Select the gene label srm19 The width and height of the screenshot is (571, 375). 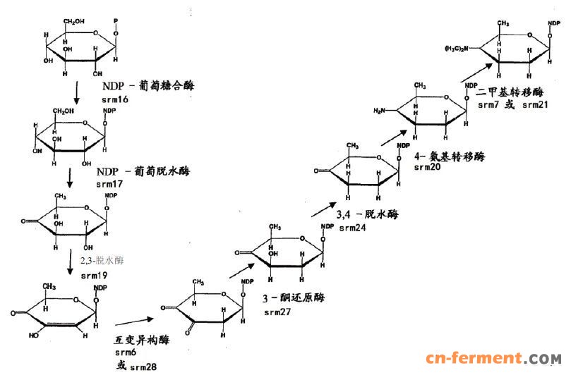click(x=94, y=274)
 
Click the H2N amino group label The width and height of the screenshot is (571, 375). click(x=383, y=110)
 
